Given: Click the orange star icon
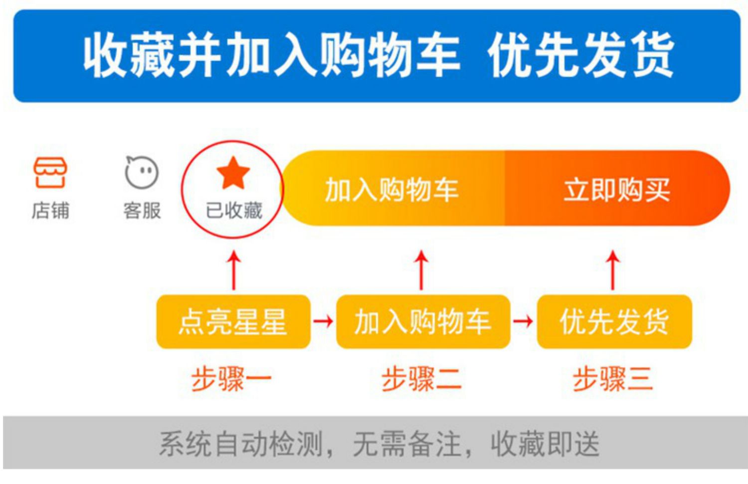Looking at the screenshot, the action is (x=233, y=173).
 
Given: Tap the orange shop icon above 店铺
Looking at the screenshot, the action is (x=50, y=172).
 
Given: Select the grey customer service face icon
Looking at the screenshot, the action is (x=142, y=172).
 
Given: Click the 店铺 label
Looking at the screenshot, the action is (x=50, y=211).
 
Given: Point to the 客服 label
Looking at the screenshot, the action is (x=142, y=211).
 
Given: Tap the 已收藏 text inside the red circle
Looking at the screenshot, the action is (x=234, y=211).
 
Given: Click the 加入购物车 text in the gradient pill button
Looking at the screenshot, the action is (x=391, y=190).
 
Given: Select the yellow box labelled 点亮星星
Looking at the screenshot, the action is (x=233, y=321).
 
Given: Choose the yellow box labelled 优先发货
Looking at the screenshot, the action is (x=614, y=321).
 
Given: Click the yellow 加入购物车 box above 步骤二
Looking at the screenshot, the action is (x=423, y=321).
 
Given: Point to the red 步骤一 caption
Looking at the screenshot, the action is (x=231, y=379).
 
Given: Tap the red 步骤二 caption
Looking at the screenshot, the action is (x=422, y=379).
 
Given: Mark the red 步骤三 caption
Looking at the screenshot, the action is (x=613, y=379).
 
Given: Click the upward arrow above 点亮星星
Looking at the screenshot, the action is (x=234, y=270).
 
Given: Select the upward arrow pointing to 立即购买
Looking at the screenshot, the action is (x=613, y=270).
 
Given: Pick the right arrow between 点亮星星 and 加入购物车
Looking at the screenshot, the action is (x=323, y=321).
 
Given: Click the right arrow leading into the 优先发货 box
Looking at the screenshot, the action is (x=523, y=321).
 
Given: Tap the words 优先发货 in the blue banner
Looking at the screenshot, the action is (x=581, y=55).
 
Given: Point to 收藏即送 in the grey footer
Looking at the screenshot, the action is (x=546, y=444).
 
